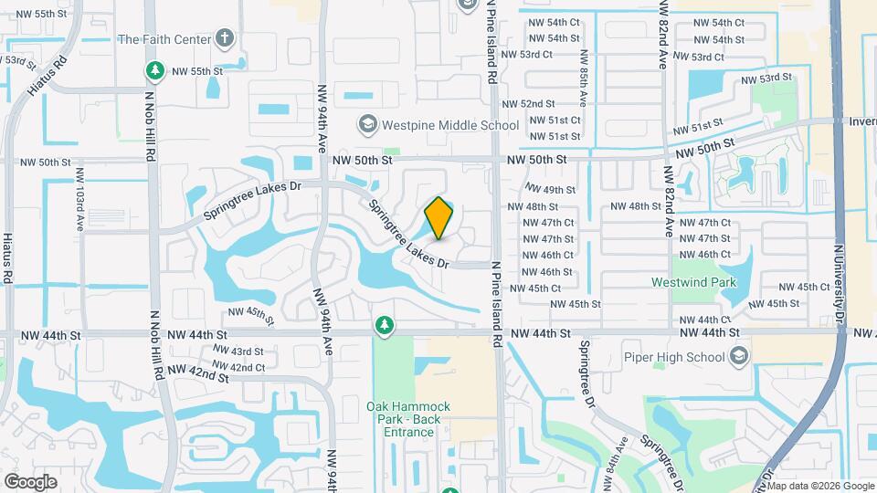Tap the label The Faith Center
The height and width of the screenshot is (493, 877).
coord(164,39)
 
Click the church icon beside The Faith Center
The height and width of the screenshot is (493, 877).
coord(225,38)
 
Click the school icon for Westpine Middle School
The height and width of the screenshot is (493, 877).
coord(367,124)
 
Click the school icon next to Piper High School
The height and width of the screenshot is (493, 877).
coord(740,355)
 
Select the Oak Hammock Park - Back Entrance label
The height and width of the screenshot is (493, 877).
coord(403,419)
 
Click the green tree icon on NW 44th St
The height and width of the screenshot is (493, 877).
coord(385,325)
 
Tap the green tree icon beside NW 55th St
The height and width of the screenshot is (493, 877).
coord(155,70)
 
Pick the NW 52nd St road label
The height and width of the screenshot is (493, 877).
coord(528,104)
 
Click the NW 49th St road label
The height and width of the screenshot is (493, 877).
coord(558,190)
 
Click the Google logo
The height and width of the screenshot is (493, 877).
coord(30,481)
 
